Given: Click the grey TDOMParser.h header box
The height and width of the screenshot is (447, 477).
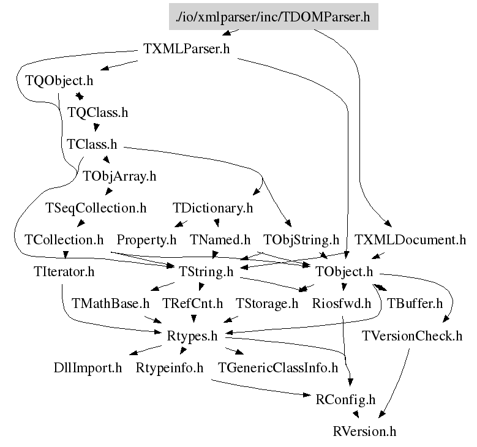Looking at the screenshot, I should point(273,17).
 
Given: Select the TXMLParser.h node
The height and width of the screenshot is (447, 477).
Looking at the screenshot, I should point(186,50).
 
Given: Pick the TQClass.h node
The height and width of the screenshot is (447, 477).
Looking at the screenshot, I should point(98,113).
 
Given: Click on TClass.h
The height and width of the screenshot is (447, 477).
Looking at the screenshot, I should point(92,145).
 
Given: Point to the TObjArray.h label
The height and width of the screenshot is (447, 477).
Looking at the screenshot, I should point(120,177).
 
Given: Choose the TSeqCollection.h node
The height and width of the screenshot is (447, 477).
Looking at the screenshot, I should point(96,208).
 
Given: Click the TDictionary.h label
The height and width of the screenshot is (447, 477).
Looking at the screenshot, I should point(213,208).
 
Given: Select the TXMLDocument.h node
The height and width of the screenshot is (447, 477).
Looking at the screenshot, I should point(410,239).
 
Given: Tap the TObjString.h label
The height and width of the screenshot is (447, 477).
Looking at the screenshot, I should point(301,239).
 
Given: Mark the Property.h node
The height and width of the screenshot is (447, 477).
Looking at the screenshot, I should point(146,239).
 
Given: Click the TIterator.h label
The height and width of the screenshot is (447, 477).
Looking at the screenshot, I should point(64,271).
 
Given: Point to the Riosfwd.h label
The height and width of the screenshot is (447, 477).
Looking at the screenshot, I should point(342,303).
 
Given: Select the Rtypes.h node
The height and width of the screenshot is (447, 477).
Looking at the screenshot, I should point(192,336).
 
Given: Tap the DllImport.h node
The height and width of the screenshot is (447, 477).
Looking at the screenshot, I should point(88,368).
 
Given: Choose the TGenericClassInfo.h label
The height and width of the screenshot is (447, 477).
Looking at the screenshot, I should point(279,368).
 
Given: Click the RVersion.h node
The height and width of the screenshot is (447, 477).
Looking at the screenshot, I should point(365,432).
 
